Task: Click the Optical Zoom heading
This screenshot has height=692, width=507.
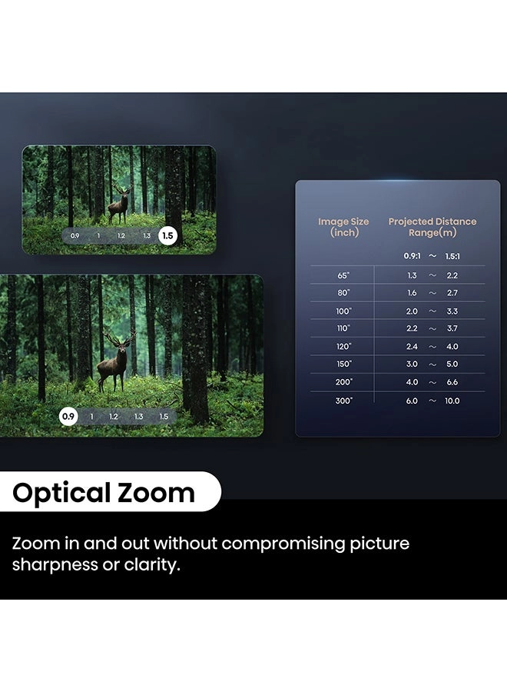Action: [x=104, y=493]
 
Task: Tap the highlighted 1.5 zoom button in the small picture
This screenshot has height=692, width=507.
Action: [x=167, y=236]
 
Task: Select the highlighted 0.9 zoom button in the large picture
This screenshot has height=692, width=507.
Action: [x=69, y=416]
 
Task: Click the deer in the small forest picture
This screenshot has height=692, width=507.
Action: [x=119, y=206]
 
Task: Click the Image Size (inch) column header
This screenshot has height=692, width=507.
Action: [x=343, y=227]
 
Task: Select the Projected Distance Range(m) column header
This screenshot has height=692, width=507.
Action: [x=432, y=227]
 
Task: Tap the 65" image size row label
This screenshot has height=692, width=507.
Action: [x=343, y=275]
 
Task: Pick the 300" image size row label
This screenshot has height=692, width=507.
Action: [x=343, y=401]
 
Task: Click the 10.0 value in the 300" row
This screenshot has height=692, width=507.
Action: [x=452, y=401]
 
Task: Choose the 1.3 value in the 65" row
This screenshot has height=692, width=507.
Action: [x=412, y=275]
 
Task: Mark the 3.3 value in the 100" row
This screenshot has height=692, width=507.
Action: [x=452, y=311]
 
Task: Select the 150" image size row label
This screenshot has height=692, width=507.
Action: [x=343, y=364]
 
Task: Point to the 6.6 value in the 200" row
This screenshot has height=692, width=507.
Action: [x=452, y=382]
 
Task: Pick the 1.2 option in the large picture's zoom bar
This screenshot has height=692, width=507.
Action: [x=114, y=416]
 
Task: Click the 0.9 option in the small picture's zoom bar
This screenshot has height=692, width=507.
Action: [x=75, y=236]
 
